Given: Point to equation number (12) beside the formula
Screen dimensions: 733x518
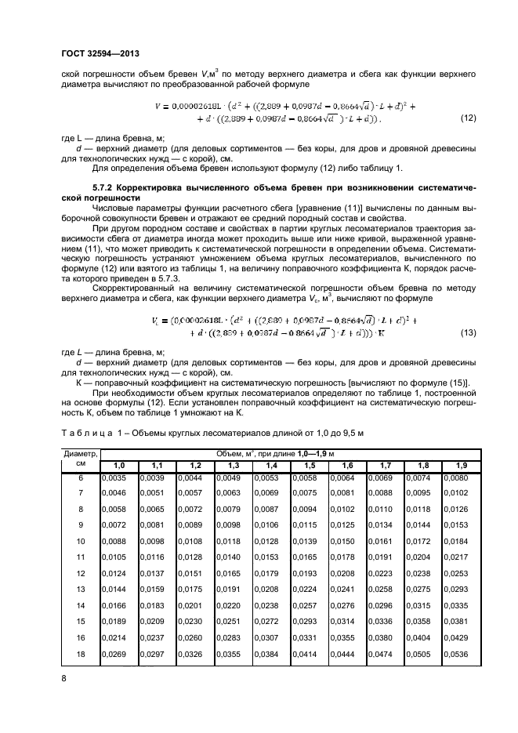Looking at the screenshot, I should click(468, 118).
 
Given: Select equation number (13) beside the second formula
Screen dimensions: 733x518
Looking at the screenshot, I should click(468, 333).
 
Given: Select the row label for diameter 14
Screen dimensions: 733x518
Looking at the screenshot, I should click(78, 605).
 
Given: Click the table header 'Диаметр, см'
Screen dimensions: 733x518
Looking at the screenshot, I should click(80, 459).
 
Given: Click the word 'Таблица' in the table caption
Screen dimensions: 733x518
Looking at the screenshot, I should click(89, 432).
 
